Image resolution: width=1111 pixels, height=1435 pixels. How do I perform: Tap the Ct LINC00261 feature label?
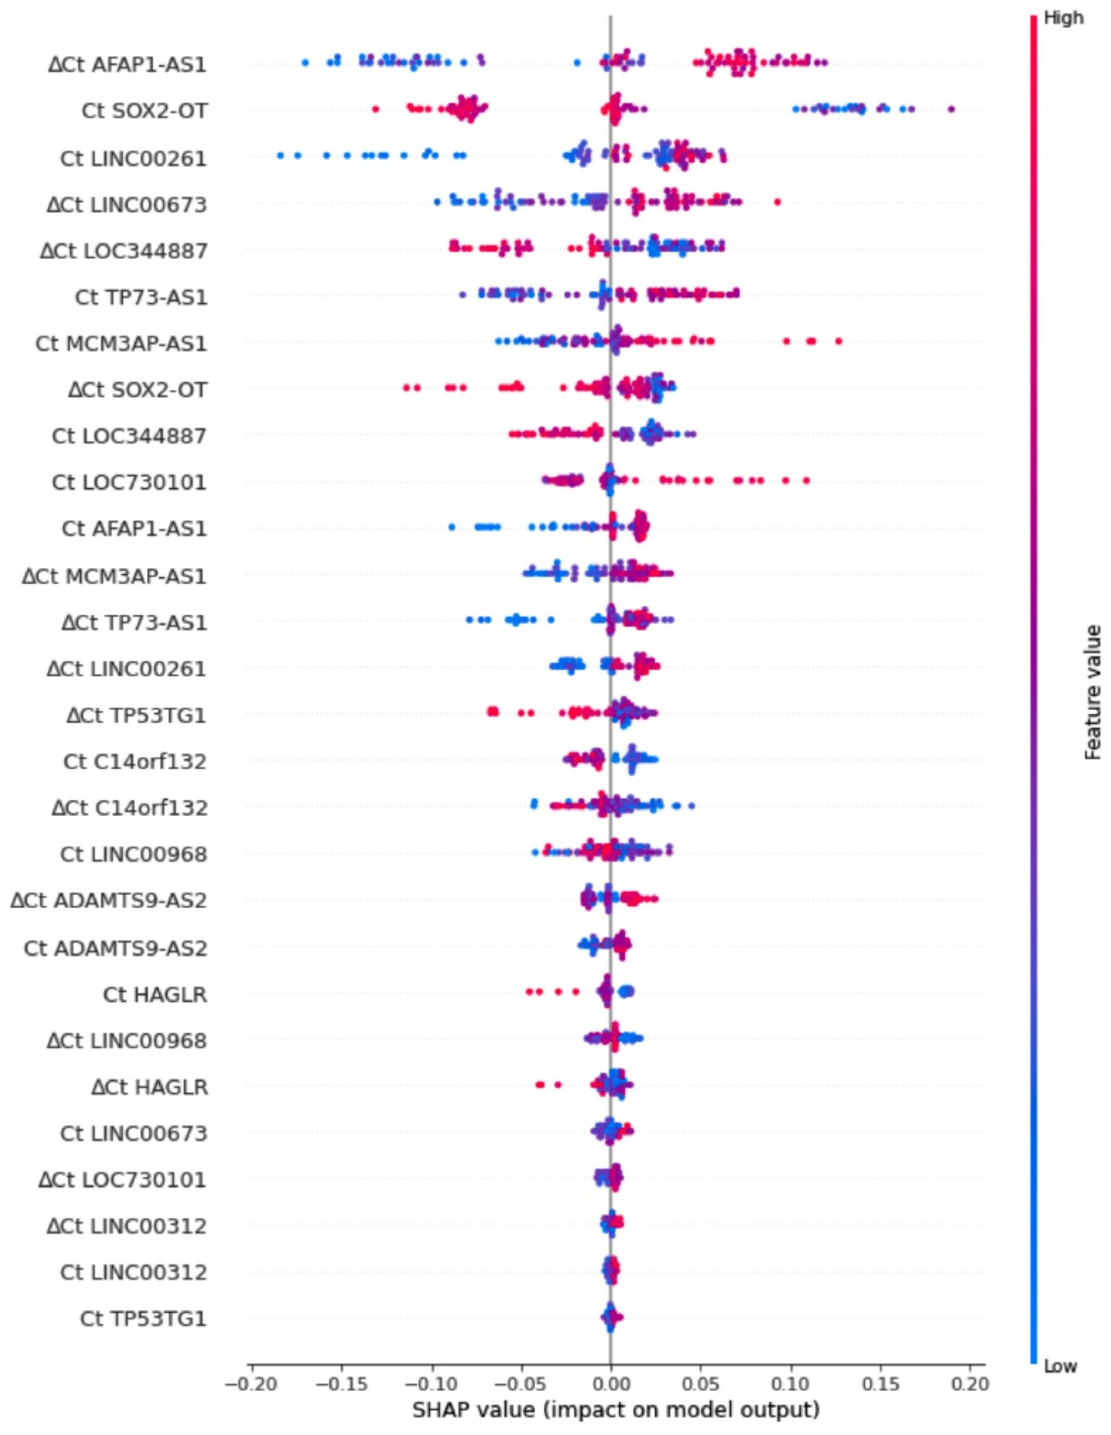coord(133,158)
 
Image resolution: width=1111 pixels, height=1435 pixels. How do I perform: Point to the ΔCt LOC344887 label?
coord(124,251)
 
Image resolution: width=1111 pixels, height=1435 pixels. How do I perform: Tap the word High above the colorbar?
coord(1063,18)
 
